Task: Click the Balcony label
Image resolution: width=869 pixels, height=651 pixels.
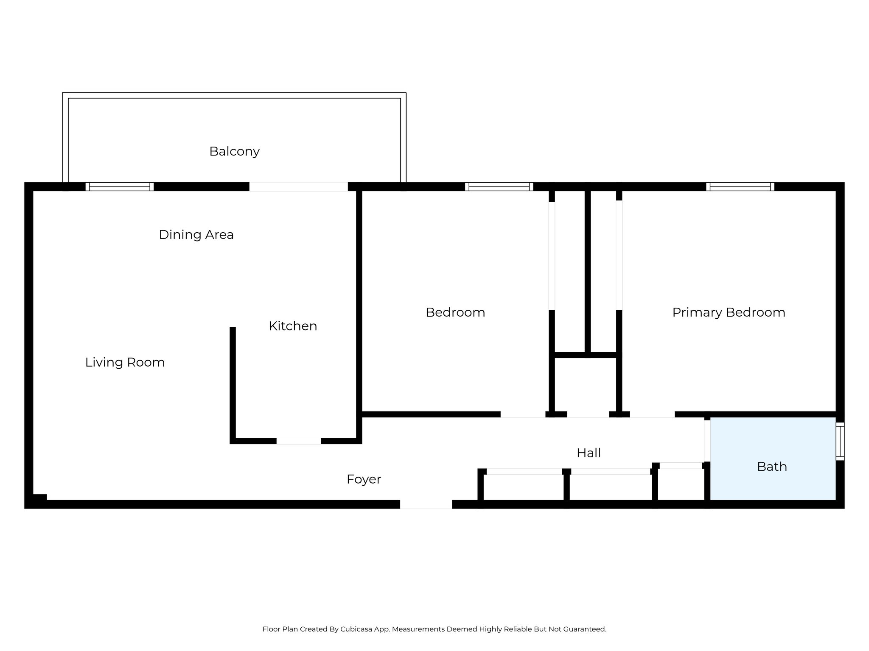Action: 234,151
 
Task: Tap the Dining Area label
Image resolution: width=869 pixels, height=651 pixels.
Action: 196,234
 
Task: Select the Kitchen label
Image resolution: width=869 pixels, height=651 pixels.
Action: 293,326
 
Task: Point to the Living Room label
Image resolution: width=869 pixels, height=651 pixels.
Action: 125,362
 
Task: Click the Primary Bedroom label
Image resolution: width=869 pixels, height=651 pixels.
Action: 729,312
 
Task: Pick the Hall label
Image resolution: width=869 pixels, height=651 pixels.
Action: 589,453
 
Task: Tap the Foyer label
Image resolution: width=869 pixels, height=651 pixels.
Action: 364,479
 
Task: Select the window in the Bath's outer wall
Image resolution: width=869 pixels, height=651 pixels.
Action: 840,441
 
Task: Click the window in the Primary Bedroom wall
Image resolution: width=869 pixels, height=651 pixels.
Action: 740,186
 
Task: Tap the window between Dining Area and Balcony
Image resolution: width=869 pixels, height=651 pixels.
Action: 120,186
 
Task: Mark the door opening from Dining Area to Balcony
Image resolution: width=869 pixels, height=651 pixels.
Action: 298,186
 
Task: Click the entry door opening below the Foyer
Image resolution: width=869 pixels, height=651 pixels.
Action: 426,504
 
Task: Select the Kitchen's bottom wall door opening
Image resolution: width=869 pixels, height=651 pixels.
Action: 299,441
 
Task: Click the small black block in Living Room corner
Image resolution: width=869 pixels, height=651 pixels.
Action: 39,498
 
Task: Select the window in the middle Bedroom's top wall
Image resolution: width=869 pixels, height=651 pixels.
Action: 499,186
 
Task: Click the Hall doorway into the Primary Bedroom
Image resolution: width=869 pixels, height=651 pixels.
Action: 652,414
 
